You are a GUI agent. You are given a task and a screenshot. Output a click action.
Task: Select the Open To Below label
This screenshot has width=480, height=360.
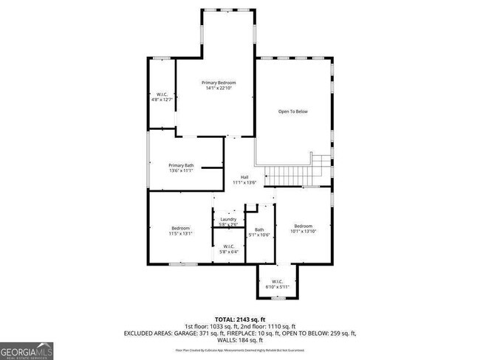(x=292, y=111)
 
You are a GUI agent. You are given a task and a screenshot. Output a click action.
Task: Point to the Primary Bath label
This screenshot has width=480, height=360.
(x=181, y=165)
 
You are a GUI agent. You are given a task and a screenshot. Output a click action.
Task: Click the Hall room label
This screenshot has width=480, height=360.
(x=244, y=177)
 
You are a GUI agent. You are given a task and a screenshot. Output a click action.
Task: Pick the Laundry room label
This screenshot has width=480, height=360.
(x=228, y=219)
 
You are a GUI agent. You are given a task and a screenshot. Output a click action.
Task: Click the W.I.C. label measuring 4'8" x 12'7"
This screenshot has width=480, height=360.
(x=161, y=94)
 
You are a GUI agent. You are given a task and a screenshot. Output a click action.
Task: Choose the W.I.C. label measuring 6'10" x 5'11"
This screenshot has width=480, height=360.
(x=277, y=281)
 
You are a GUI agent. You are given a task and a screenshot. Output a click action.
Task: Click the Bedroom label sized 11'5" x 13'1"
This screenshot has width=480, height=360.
(x=182, y=229)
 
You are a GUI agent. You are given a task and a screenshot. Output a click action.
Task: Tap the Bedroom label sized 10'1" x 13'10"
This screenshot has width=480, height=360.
(x=304, y=226)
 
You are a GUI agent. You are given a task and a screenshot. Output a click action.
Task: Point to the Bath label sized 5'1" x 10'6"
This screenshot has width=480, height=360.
(x=259, y=229)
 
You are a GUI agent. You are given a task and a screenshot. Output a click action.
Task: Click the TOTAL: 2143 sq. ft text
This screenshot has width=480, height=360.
(x=240, y=318)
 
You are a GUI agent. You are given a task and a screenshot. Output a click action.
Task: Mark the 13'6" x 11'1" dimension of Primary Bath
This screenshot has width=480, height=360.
(x=181, y=171)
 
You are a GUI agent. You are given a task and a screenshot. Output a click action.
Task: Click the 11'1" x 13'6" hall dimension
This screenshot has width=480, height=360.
(x=244, y=183)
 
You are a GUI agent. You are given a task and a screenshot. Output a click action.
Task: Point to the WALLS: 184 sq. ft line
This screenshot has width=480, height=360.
(x=240, y=341)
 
